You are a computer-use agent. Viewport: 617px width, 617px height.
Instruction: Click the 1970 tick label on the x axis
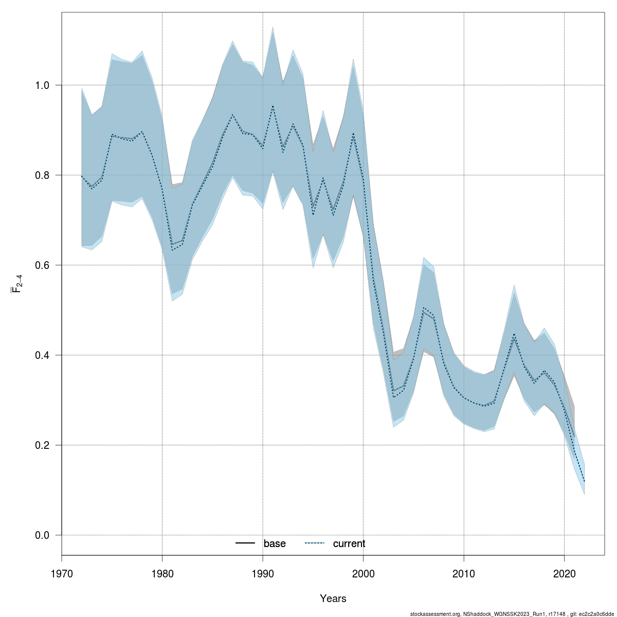(x=62, y=573)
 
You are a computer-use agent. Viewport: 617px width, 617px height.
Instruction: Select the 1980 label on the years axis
(x=162, y=573)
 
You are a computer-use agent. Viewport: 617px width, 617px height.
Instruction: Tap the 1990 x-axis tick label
(x=263, y=573)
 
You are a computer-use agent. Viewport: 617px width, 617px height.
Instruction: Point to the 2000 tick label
(x=364, y=573)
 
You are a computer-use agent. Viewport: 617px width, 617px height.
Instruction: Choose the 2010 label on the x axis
(x=464, y=573)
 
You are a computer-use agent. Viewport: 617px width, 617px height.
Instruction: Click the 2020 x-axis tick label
(x=565, y=573)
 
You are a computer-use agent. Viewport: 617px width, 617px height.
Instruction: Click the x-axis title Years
(x=333, y=598)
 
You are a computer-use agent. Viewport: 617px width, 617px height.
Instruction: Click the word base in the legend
(x=275, y=544)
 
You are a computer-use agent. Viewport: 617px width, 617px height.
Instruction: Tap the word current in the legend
(x=349, y=544)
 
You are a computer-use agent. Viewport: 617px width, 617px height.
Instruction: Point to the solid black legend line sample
(x=245, y=543)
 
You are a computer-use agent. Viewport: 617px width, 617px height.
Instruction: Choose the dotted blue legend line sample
(x=315, y=543)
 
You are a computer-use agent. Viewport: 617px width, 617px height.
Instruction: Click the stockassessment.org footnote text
(x=511, y=614)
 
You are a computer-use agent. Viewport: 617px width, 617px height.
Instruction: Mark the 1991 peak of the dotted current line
(x=273, y=106)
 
